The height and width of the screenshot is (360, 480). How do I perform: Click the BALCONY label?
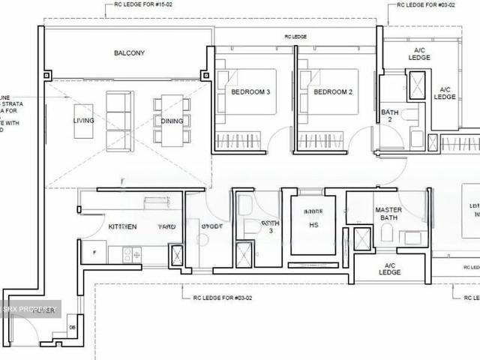(130, 53)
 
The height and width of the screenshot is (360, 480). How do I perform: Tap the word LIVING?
(84, 121)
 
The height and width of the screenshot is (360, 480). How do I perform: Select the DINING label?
(171, 121)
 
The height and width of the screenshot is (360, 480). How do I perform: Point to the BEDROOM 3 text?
(250, 92)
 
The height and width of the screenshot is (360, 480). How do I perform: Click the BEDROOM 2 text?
(332, 92)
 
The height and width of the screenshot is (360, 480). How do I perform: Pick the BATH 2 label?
(390, 115)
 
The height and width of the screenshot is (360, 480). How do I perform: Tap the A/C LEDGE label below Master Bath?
(390, 268)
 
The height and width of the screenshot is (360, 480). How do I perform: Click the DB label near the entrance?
(73, 327)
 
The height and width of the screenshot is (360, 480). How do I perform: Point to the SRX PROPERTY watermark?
(30, 309)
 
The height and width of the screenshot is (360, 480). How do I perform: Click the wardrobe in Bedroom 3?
(238, 140)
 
